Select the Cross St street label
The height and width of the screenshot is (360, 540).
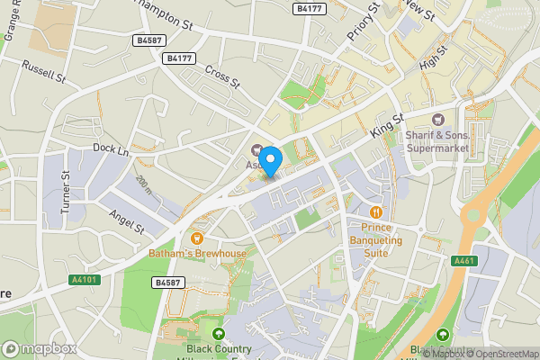(223, 77)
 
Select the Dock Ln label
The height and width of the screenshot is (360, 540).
(112, 147)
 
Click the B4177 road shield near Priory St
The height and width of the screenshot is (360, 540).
(310, 8)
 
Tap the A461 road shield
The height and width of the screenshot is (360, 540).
(464, 261)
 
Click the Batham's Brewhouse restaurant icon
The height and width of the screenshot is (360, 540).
(196, 238)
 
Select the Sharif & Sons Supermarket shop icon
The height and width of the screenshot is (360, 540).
(438, 120)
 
